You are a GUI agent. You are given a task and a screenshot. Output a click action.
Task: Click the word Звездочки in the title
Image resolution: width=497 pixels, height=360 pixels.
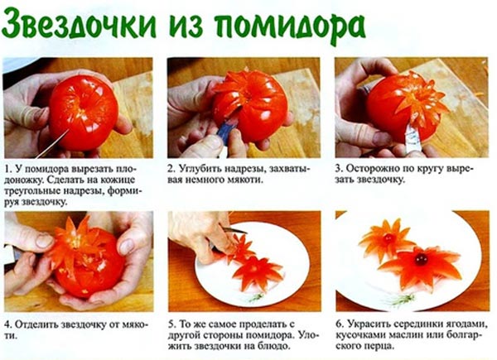tap(80, 25)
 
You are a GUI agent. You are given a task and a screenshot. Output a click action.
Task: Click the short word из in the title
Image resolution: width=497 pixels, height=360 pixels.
tap(186, 26)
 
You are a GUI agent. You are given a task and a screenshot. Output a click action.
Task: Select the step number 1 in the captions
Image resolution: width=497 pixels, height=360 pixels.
tap(7, 170)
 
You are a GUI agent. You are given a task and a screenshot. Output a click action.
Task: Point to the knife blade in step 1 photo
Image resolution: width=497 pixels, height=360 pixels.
tap(52, 144)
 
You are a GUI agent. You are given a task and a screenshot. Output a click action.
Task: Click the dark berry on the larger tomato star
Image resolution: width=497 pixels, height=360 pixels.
tap(421, 260)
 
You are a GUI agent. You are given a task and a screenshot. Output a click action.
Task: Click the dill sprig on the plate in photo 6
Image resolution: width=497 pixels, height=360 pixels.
tap(400, 300)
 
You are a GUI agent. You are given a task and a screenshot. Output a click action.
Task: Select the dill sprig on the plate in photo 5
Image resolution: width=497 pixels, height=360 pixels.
tap(255, 297)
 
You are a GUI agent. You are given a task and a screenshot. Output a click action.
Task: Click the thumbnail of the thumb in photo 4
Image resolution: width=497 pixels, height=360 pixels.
tap(45, 242)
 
